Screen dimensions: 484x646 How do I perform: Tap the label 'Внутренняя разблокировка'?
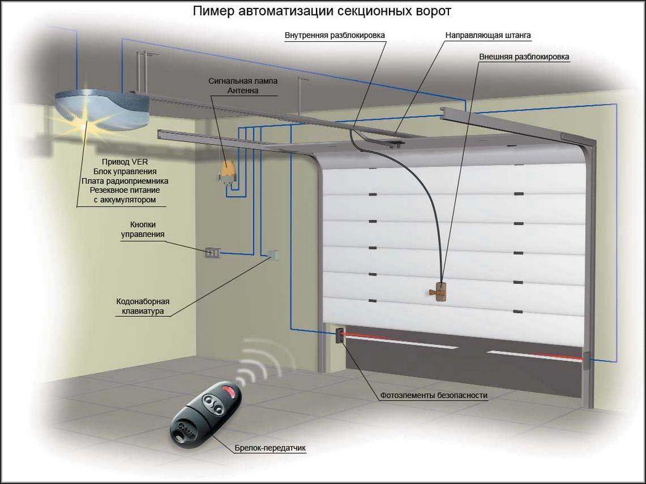coord(335,35)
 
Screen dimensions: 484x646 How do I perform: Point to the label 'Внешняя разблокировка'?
coord(524,57)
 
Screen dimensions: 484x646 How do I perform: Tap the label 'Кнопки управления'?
coord(143,229)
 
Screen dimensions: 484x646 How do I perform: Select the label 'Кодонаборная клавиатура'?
coord(143,306)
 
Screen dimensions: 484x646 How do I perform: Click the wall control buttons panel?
coord(213,253)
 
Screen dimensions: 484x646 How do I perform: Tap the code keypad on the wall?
coord(274,255)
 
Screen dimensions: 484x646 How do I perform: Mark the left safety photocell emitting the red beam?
coord(339,335)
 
